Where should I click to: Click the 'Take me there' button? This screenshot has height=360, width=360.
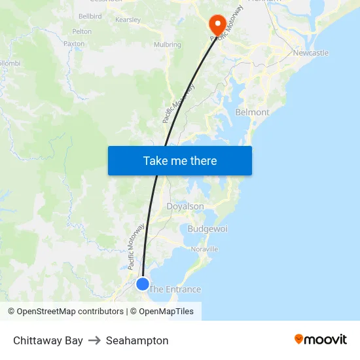[180, 160]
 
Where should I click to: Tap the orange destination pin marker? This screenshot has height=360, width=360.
[217, 24]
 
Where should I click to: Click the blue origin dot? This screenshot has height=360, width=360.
[142, 283]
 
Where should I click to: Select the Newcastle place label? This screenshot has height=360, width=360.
[311, 53]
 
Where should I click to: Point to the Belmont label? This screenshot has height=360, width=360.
[252, 112]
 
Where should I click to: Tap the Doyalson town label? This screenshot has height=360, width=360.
[185, 206]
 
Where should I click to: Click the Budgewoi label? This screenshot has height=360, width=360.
[207, 228]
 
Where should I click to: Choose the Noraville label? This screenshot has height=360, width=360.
[204, 249]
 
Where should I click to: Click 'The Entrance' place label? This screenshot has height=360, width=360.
[175, 289]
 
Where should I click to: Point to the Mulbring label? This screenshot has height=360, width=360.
[167, 45]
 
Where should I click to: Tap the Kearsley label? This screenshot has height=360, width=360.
[128, 20]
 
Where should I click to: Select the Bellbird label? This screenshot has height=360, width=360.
[90, 15]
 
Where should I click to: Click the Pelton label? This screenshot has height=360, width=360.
[82, 31]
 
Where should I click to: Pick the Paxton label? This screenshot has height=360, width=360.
[74, 43]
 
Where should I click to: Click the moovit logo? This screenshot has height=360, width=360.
[321, 339]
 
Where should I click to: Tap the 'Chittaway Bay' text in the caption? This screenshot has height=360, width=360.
[48, 340]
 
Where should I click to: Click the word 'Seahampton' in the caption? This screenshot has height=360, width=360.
[137, 340]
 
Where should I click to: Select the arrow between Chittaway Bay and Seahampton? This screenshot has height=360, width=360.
[94, 340]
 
